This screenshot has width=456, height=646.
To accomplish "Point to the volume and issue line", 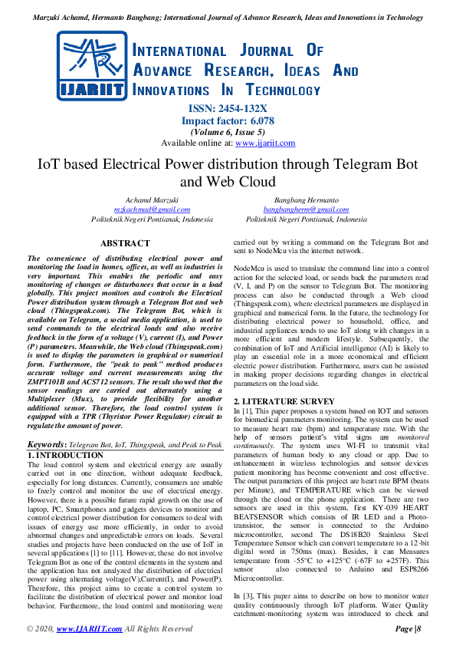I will [x=228, y=132].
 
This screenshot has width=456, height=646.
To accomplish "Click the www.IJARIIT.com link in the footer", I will [x=89, y=628].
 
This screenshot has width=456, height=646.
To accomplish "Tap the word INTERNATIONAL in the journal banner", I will [x=180, y=51].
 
